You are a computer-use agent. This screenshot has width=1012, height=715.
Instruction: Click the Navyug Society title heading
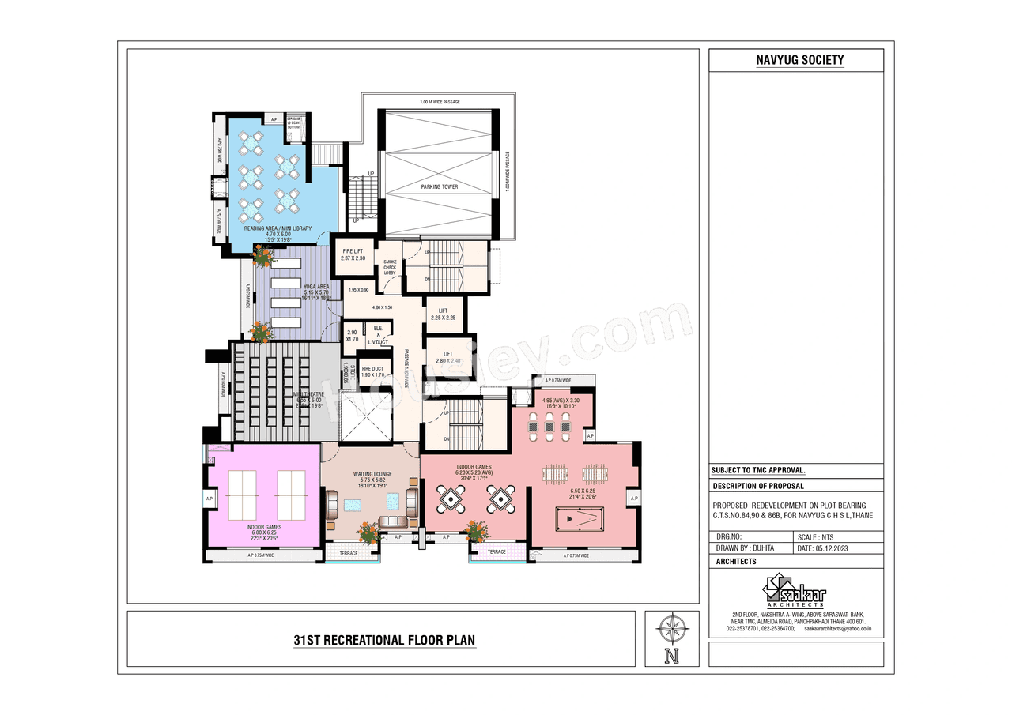[796, 60]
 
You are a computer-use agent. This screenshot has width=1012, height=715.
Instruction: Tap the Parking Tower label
[439, 187]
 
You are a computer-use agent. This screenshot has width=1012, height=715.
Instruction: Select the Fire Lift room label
[352, 254]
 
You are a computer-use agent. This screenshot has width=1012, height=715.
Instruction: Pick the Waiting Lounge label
[369, 478]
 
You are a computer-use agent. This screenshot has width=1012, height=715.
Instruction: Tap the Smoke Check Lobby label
[390, 267]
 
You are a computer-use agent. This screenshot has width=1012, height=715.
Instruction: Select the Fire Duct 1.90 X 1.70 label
[372, 372]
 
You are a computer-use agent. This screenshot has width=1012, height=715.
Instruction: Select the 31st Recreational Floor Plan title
[384, 639]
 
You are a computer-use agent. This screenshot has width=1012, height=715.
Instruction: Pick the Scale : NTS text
[816, 536]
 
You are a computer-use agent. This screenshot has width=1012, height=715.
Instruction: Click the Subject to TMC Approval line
[757, 469]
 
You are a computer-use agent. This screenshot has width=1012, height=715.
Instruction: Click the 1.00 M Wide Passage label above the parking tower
[440, 102]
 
